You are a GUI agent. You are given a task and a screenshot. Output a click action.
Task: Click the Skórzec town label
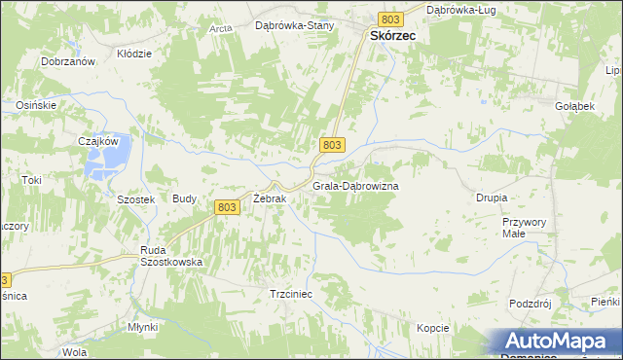(392, 35)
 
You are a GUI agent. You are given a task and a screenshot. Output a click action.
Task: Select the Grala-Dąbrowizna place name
(355, 185)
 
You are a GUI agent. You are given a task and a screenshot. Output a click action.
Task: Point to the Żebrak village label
(269, 198)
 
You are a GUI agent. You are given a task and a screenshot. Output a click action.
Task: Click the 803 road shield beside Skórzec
(391, 18)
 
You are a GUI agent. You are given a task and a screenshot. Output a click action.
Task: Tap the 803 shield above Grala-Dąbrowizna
(331, 144)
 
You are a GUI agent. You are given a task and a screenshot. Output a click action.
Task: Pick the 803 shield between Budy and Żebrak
(227, 206)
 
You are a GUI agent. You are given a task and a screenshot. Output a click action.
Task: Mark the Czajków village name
(98, 140)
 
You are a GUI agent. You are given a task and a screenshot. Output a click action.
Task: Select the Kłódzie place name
(134, 54)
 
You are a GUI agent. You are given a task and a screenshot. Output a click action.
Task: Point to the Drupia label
(492, 198)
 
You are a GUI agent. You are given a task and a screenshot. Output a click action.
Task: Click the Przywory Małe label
(520, 228)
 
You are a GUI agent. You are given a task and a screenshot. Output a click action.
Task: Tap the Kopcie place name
(433, 328)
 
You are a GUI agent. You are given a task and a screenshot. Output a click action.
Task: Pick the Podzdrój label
(531, 304)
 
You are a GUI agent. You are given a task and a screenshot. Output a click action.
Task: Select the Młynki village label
(142, 327)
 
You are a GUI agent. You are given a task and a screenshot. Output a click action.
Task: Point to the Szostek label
(136, 198)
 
